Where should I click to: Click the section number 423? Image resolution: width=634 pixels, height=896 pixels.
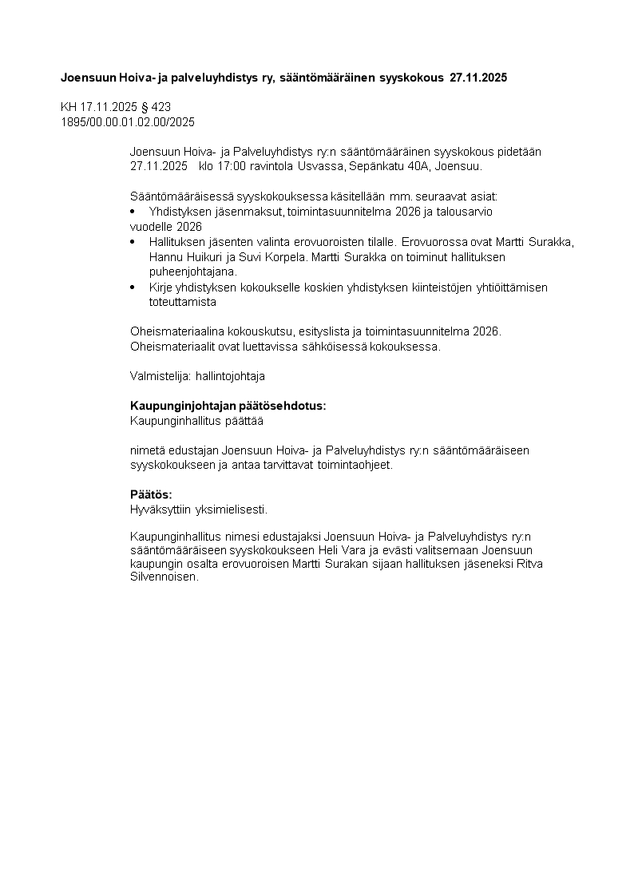(x=162, y=107)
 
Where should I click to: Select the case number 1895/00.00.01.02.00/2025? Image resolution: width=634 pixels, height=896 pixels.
(x=128, y=121)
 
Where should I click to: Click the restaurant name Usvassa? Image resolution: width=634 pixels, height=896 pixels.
(x=320, y=166)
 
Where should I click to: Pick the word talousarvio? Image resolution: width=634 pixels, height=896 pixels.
(x=467, y=212)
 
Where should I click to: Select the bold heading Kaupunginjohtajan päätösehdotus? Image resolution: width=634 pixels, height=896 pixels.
(x=228, y=406)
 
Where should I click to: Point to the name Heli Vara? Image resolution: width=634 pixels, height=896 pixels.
(x=343, y=551)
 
